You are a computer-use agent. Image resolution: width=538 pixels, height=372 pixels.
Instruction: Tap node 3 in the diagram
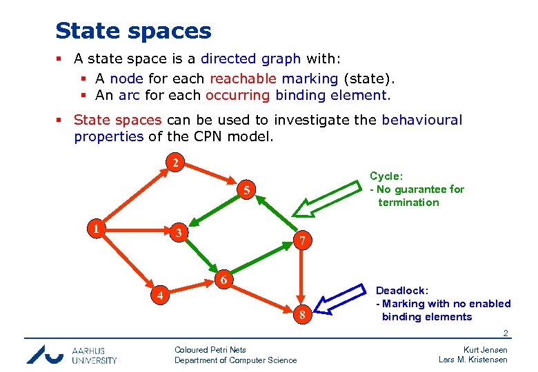[178, 233]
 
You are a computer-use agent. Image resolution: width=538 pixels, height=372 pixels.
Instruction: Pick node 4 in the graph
[160, 296]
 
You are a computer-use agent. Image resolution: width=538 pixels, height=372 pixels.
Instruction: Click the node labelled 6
[223, 280]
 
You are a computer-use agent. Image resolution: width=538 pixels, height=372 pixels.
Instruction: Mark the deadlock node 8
[301, 316]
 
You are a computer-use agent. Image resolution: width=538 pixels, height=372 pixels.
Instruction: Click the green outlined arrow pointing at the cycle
[323, 193]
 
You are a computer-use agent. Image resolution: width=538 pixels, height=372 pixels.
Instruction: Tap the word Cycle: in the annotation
[386, 176]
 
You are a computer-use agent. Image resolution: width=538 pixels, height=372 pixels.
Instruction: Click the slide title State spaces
[133, 31]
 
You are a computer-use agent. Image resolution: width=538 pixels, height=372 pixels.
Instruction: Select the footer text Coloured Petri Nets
[210, 350]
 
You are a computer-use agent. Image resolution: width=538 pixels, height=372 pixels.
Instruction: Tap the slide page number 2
[505, 334]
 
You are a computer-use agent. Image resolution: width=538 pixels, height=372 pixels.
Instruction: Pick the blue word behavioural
[421, 120]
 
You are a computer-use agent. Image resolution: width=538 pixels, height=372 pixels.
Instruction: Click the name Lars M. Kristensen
[473, 360]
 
